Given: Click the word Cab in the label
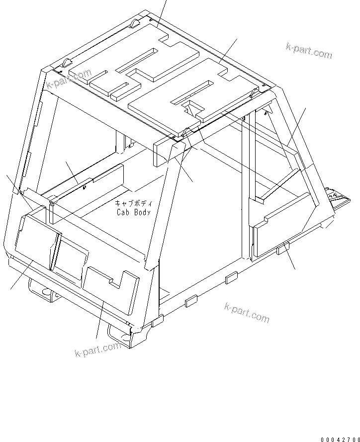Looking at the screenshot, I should click(x=123, y=212).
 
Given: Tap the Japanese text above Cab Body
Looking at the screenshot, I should click(x=134, y=203).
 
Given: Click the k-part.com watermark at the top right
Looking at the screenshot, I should click(x=308, y=50).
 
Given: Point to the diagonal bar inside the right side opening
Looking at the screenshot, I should click(x=281, y=183).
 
